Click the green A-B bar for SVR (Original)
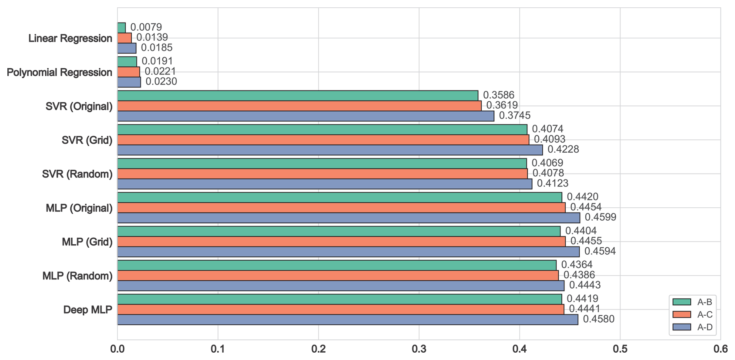298,96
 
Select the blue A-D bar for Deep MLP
347,320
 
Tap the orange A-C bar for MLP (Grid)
341,242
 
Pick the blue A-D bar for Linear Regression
127,48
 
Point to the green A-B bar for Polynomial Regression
127,62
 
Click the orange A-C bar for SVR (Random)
322,174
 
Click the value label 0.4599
600,217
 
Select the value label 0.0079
146,27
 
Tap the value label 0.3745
514,115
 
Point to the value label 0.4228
563,149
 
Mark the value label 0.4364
577,265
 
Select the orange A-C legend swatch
682,315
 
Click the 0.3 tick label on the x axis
419,349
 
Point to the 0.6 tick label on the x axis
720,349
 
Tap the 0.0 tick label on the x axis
117,349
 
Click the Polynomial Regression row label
59,73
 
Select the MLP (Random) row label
77,276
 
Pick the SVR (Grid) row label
87,140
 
